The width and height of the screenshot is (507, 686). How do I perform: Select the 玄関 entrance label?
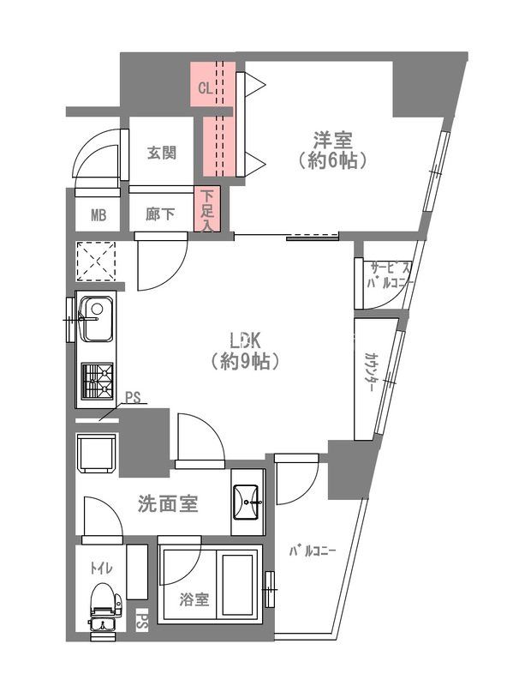coord(162,153)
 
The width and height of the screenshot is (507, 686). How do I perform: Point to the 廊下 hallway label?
coord(161,214)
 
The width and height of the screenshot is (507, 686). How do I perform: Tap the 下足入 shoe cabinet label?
coord(206,211)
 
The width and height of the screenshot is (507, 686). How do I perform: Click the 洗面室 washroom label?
coord(168,503)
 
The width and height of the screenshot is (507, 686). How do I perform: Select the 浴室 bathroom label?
coord(194,599)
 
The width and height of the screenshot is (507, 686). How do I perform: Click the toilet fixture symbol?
coord(103,606)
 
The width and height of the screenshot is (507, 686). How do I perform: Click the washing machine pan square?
coord(97,453)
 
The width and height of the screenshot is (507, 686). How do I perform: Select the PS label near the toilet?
coord(142,622)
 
